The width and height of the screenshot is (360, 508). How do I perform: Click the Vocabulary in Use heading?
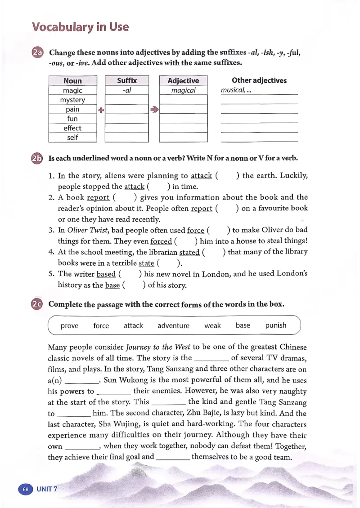coord(81,27)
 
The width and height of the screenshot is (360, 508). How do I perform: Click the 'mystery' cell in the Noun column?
coord(72,100)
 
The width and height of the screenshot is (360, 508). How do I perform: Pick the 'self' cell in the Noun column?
coord(72,138)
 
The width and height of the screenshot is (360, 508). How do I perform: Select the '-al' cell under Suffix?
coord(126,90)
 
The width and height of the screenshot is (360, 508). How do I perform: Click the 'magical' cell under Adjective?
coord(183,90)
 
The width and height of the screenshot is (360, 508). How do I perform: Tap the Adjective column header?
coord(183,81)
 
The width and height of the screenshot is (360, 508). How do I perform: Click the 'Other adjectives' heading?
coord(259,80)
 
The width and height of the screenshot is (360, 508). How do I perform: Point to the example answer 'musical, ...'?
coord(236,90)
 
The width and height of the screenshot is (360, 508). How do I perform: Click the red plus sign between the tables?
coord(101,109)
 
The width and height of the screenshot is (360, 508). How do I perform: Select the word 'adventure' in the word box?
coord(173,325)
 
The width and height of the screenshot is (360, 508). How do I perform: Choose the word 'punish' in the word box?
coord(275,325)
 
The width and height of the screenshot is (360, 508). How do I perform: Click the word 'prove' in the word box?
coord(69,326)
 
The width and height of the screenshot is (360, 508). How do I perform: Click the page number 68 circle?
coord(26,489)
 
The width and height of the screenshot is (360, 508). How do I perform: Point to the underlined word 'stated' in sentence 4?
coord(189,252)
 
